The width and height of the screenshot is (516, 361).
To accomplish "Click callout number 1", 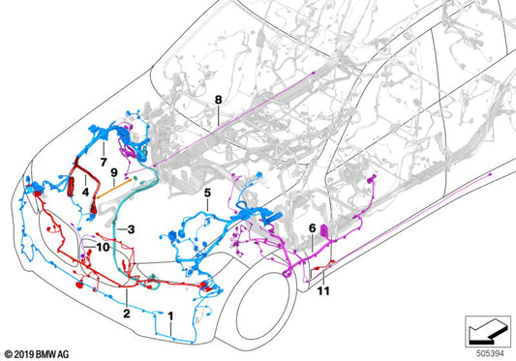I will pos(171,316).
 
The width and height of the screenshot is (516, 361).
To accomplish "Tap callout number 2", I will pos(126,314).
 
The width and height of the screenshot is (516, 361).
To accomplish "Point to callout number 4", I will pos(87,192).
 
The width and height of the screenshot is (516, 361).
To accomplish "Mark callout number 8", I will pos(219,99).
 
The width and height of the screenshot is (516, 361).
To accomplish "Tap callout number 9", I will pos(114,173).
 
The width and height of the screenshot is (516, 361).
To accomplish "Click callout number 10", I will pos(102,248).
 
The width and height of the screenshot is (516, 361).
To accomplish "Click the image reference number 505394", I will pos(488,352).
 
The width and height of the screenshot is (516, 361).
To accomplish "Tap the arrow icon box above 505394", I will pos(488,329).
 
